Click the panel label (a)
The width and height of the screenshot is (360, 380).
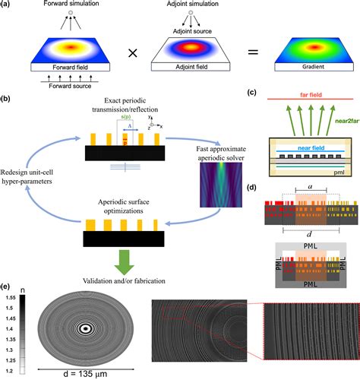pos(8,6)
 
